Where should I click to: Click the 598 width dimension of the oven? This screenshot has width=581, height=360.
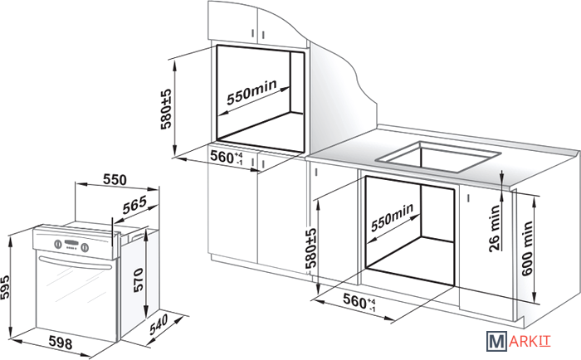pyautogui.click(x=61, y=343)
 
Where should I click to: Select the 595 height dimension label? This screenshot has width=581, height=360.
pyautogui.click(x=5, y=286)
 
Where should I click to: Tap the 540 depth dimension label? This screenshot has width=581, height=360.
pyautogui.click(x=159, y=324)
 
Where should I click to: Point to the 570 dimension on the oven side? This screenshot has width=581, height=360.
pyautogui.click(x=138, y=280)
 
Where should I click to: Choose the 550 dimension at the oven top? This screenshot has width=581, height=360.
pyautogui.click(x=115, y=180)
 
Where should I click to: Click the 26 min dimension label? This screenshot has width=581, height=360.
pyautogui.click(x=495, y=228)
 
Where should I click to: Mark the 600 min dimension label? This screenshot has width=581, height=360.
pyautogui.click(x=526, y=248)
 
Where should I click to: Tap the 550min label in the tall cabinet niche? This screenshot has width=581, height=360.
pyautogui.click(x=251, y=92)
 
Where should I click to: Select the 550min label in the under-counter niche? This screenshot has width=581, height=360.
pyautogui.click(x=392, y=216)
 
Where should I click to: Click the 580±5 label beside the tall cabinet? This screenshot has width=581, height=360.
pyautogui.click(x=166, y=109)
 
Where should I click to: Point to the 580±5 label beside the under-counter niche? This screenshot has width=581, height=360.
pyautogui.click(x=310, y=247)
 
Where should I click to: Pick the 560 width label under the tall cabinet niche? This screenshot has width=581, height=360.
pyautogui.click(x=226, y=157)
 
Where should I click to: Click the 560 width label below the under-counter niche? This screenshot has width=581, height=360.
pyautogui.click(x=359, y=301)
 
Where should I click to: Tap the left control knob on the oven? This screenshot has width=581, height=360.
pyautogui.click(x=58, y=244)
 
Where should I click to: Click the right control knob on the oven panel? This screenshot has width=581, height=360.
pyautogui.click(x=85, y=247)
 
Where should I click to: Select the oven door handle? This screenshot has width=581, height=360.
pyautogui.click(x=76, y=263)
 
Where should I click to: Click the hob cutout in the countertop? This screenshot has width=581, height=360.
pyautogui.click(x=438, y=156)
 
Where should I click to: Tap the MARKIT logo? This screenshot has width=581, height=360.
pyautogui.click(x=519, y=341)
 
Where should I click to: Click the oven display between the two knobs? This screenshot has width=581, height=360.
pyautogui.click(x=71, y=243)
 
